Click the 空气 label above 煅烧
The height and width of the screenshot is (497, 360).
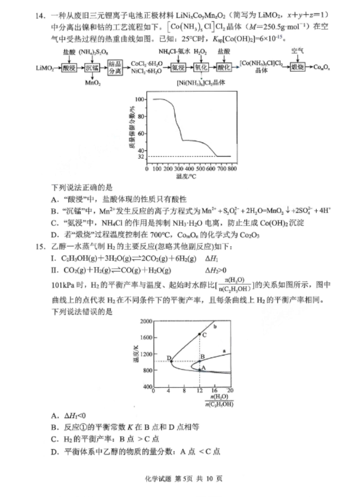[x=298, y=51]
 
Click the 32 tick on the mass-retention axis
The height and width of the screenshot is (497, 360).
[x=140, y=157]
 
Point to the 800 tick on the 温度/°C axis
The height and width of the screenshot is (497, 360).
[x=232, y=169]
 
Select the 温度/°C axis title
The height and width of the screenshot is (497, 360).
[x=188, y=177]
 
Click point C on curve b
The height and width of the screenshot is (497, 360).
[x=200, y=334]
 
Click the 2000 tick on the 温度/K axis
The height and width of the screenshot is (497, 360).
[x=147, y=321]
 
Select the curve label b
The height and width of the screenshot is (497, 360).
[x=215, y=326]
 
